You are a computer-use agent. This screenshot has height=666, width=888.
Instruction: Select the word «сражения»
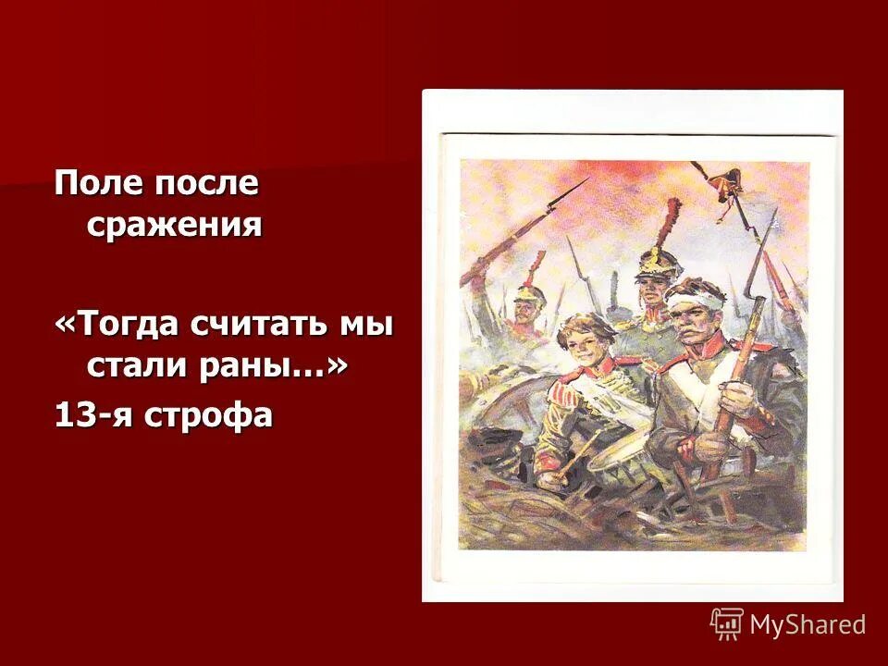point(175,225)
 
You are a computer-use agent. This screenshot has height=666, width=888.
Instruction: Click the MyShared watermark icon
point(727,624)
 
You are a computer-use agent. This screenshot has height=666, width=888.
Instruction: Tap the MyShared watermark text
point(808,625)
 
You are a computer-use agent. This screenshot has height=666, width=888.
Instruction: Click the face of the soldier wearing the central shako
point(652,291)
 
